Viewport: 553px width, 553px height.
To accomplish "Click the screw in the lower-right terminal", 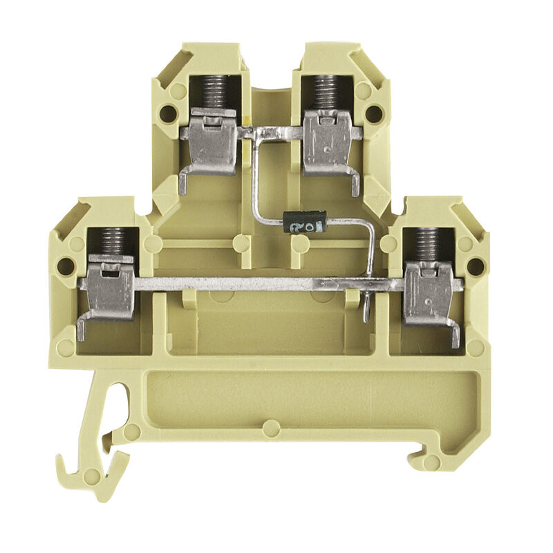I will click(430, 245).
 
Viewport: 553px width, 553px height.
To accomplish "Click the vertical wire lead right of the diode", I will click(374, 249).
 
